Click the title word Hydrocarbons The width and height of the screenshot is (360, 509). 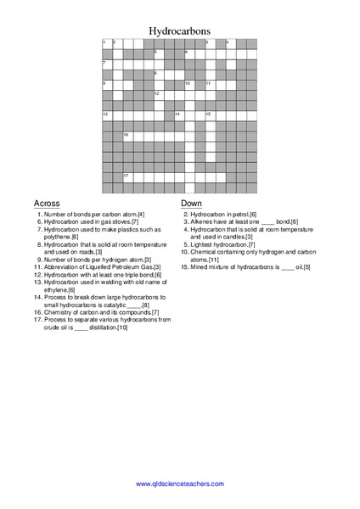tap(180, 29)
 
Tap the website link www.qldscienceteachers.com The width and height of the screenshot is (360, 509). tap(180, 484)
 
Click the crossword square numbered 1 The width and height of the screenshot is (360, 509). tap(106, 44)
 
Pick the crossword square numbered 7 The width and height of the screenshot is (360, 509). tap(106, 64)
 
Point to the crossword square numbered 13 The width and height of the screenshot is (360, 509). tap(106, 115)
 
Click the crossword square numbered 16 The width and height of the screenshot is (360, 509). tap(127, 136)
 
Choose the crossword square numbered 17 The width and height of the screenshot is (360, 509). tap(127, 176)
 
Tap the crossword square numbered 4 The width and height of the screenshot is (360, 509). tap(229, 44)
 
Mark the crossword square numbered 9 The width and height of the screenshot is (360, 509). tap(106, 85)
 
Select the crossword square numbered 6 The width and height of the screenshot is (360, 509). tap(188, 54)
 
